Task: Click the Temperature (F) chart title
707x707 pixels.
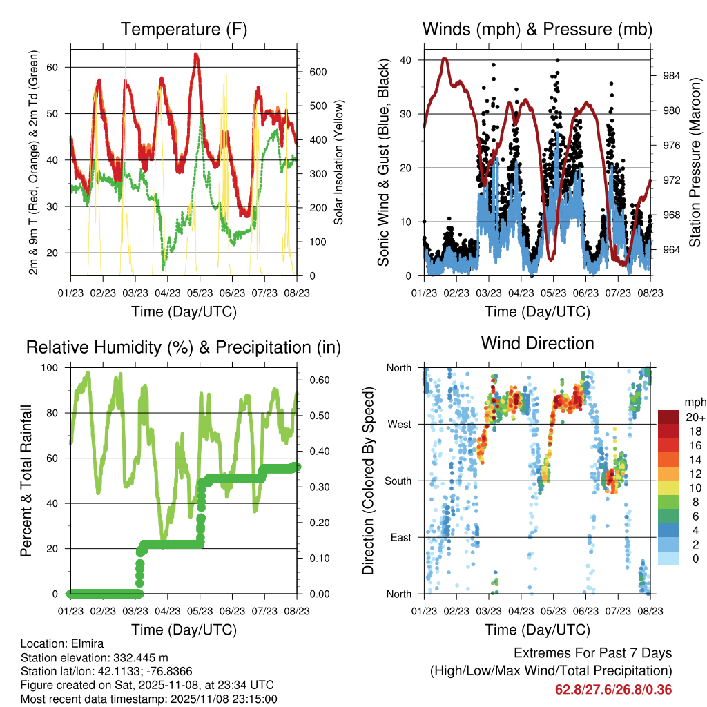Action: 184,29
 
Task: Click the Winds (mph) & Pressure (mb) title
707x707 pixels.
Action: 537,29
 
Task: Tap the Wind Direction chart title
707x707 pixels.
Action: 537,342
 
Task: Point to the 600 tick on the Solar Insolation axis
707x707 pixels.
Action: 318,72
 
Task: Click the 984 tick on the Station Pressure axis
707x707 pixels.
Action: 671,75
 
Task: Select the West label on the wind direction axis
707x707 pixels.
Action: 399,425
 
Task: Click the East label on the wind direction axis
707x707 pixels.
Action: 400,537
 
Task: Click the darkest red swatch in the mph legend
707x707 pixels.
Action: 668,417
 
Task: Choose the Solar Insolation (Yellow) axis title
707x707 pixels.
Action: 338,163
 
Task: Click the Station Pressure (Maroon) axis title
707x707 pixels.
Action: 695,163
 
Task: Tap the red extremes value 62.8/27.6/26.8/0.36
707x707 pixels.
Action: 613,689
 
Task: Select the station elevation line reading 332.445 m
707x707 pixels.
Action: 95,657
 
